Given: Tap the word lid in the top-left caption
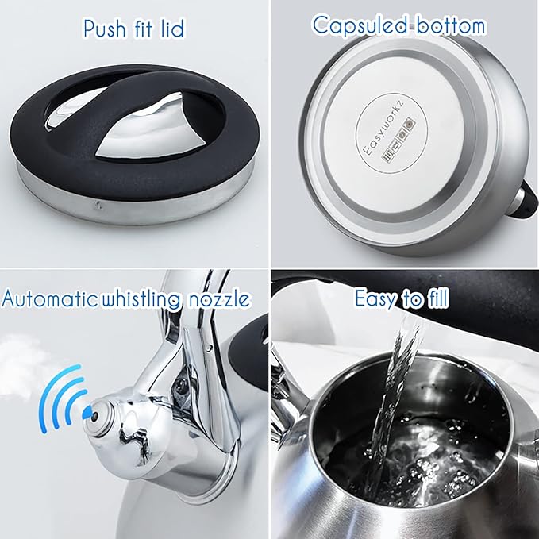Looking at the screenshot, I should click(170, 29).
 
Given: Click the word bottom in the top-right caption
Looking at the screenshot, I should click(449, 25).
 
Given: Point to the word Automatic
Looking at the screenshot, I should click(52, 298).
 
